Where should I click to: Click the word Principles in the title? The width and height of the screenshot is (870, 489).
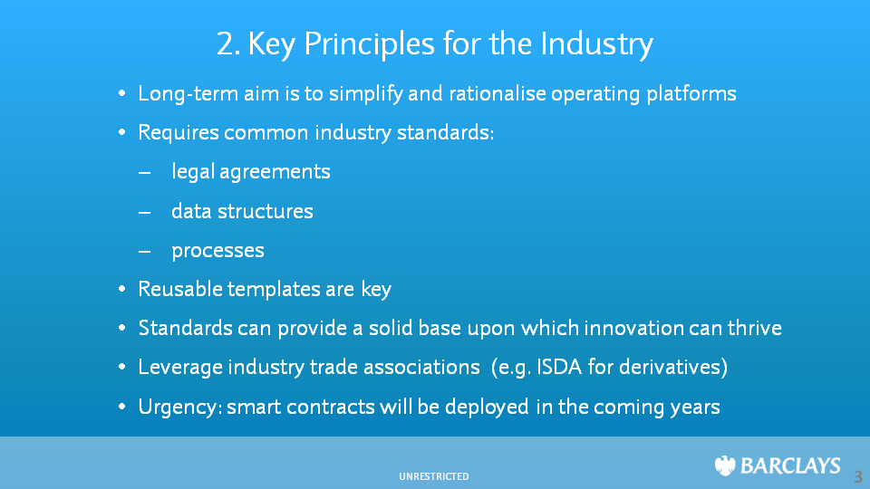369,44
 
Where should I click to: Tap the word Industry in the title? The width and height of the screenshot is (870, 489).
596,44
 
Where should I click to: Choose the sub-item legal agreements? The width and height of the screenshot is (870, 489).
251,171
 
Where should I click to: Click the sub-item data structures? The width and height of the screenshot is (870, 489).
242,211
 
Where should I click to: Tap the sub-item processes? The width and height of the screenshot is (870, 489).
217,251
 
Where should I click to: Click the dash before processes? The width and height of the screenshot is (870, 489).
144,251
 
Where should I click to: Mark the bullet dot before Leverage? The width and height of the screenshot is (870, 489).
122,367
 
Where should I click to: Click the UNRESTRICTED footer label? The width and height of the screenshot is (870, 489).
434,476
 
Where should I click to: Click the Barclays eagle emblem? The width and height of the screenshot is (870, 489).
725,465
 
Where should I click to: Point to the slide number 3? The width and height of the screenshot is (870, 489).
858,477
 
